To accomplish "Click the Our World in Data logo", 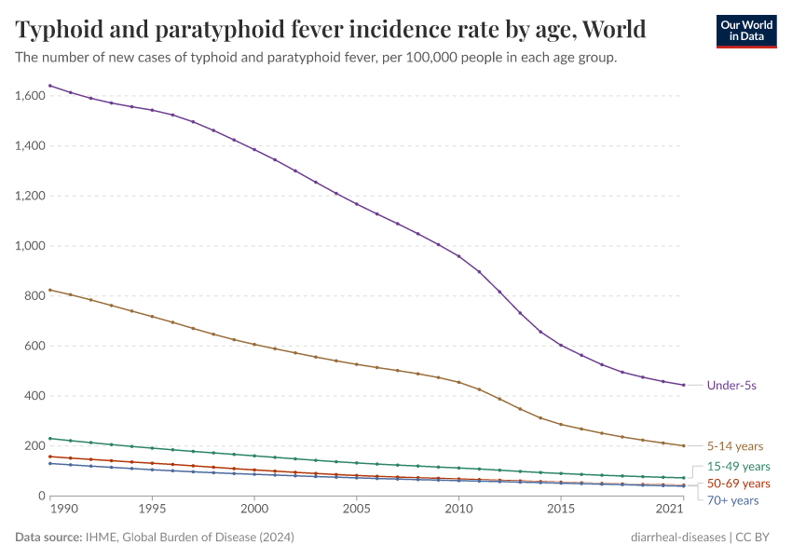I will [x=745, y=31].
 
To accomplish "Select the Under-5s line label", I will [x=731, y=385].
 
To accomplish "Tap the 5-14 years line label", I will [x=735, y=446].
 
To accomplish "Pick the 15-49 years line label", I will [x=739, y=466].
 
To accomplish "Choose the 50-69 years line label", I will [x=739, y=484].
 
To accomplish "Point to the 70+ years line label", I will [x=733, y=500].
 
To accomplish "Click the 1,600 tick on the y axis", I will [x=30, y=96].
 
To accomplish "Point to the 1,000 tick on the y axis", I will [x=30, y=246].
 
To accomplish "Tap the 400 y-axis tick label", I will [x=34, y=396].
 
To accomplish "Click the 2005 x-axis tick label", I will [x=356, y=510].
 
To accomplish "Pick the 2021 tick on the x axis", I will [x=669, y=510].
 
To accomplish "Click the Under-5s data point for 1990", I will [x=50, y=86].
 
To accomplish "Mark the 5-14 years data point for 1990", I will [x=50, y=290].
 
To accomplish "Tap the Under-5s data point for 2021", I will [x=683, y=385].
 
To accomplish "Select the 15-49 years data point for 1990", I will [x=50, y=438].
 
